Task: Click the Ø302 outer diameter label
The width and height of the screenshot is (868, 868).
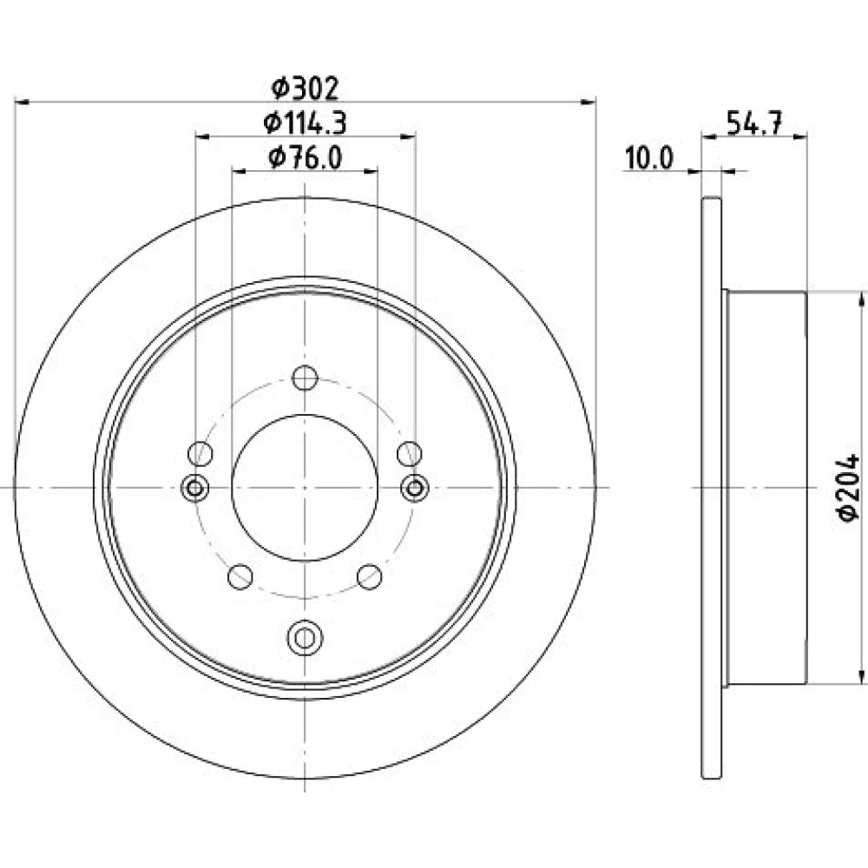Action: click(x=305, y=88)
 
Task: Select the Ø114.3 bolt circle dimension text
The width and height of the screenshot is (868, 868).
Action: click(x=305, y=122)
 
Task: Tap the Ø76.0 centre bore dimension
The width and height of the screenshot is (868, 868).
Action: click(x=305, y=157)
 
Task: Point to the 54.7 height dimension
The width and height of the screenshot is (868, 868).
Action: click(x=754, y=122)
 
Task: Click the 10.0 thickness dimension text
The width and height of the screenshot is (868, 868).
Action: click(x=649, y=158)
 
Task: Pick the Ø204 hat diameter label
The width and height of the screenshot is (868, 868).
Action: click(x=848, y=487)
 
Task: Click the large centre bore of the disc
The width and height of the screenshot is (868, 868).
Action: click(x=305, y=488)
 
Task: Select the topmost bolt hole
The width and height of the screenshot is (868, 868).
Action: click(x=305, y=378)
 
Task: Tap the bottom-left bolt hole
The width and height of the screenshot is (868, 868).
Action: click(x=240, y=577)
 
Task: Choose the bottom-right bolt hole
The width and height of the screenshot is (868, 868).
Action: click(x=370, y=577)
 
